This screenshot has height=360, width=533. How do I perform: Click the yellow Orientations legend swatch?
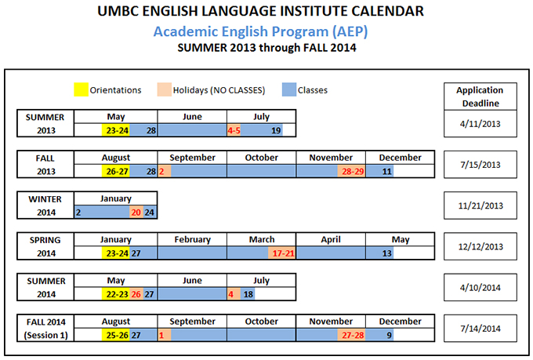[x=81, y=89]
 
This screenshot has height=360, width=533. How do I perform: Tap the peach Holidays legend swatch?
[x=164, y=89]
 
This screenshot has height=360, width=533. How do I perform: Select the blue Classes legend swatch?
[x=289, y=89]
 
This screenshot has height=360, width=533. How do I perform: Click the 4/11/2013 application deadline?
[x=480, y=123]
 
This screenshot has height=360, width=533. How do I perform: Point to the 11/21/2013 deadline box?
[x=480, y=205]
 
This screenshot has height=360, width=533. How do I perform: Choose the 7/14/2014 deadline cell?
[x=480, y=329]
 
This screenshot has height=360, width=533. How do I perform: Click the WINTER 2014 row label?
[x=45, y=205]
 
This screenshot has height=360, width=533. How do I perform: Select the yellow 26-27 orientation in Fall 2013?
[x=115, y=171]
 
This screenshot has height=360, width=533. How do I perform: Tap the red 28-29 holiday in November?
[x=351, y=171]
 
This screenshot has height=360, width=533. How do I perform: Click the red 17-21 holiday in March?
[x=282, y=253]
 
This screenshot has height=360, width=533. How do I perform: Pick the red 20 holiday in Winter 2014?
[x=136, y=213]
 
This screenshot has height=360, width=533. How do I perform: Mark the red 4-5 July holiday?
[x=234, y=130]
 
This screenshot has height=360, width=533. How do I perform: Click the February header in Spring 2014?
[x=192, y=239]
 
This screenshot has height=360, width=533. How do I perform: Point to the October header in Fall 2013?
[x=261, y=158]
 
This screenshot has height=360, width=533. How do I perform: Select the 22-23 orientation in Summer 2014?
[x=115, y=294]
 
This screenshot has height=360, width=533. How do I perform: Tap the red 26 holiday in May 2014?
[x=136, y=294]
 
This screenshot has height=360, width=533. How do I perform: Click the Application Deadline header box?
[x=480, y=96]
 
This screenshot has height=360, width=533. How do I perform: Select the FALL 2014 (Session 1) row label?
[x=45, y=329]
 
